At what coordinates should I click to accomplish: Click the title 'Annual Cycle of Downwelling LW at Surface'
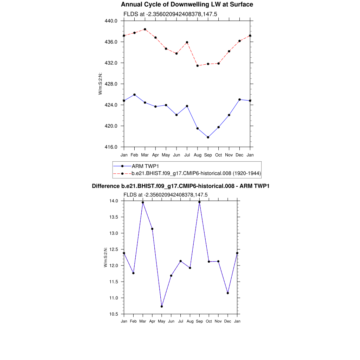[187, 5]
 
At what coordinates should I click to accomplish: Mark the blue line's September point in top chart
[208, 137]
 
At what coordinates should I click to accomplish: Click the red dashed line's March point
[145, 29]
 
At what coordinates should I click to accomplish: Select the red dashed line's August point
[198, 66]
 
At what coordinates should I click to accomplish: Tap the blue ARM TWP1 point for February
[134, 95]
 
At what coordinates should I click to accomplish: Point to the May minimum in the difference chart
[162, 307]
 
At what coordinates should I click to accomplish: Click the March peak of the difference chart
[143, 202]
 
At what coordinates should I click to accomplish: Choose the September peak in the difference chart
[199, 202]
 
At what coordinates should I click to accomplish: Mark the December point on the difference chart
[228, 293]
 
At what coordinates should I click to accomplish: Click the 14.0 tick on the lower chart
[114, 201]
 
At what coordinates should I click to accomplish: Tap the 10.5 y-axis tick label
[114, 314]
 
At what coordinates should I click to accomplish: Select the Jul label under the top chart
[187, 155]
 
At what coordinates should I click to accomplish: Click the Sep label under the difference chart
[199, 321]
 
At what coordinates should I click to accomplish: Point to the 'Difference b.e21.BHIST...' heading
[180, 186]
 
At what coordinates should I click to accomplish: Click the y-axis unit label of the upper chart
[100, 84]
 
